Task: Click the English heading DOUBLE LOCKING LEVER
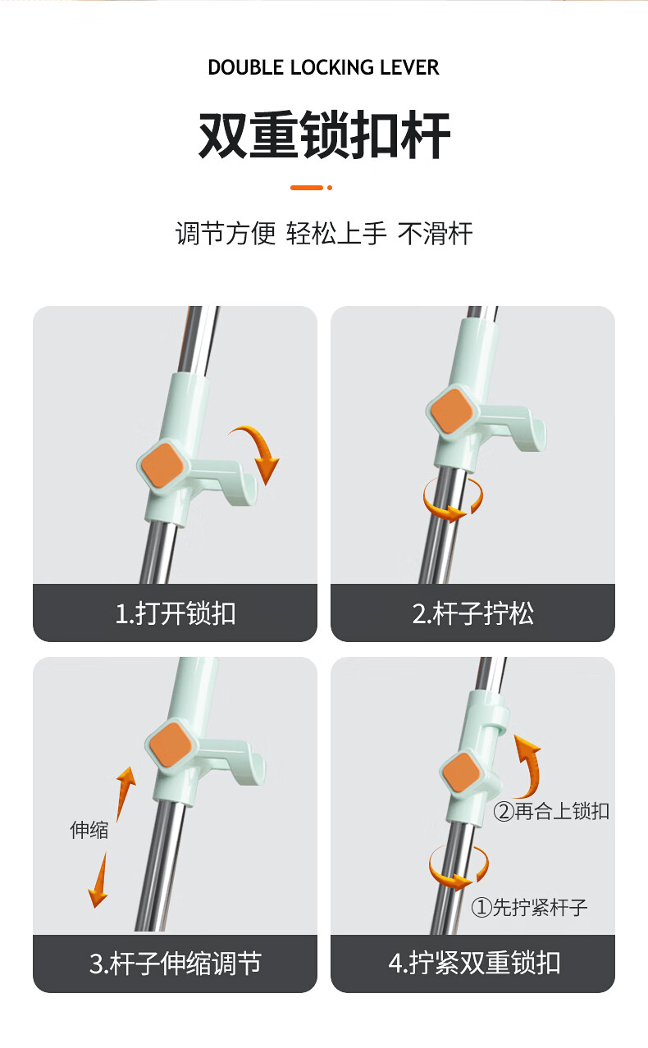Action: (323, 67)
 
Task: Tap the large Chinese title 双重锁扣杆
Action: (324, 134)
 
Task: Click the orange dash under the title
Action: (307, 188)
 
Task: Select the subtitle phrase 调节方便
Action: (226, 233)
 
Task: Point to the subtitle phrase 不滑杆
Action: (435, 233)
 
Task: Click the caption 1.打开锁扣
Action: (176, 613)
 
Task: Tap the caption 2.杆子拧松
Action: (472, 613)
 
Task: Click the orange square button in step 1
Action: (162, 466)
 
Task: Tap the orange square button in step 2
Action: (452, 412)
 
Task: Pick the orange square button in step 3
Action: (171, 745)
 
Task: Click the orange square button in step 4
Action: (461, 771)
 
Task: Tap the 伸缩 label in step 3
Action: (89, 830)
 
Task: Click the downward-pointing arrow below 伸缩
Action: (99, 880)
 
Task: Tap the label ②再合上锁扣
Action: (551, 811)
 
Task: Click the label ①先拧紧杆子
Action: (529, 907)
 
